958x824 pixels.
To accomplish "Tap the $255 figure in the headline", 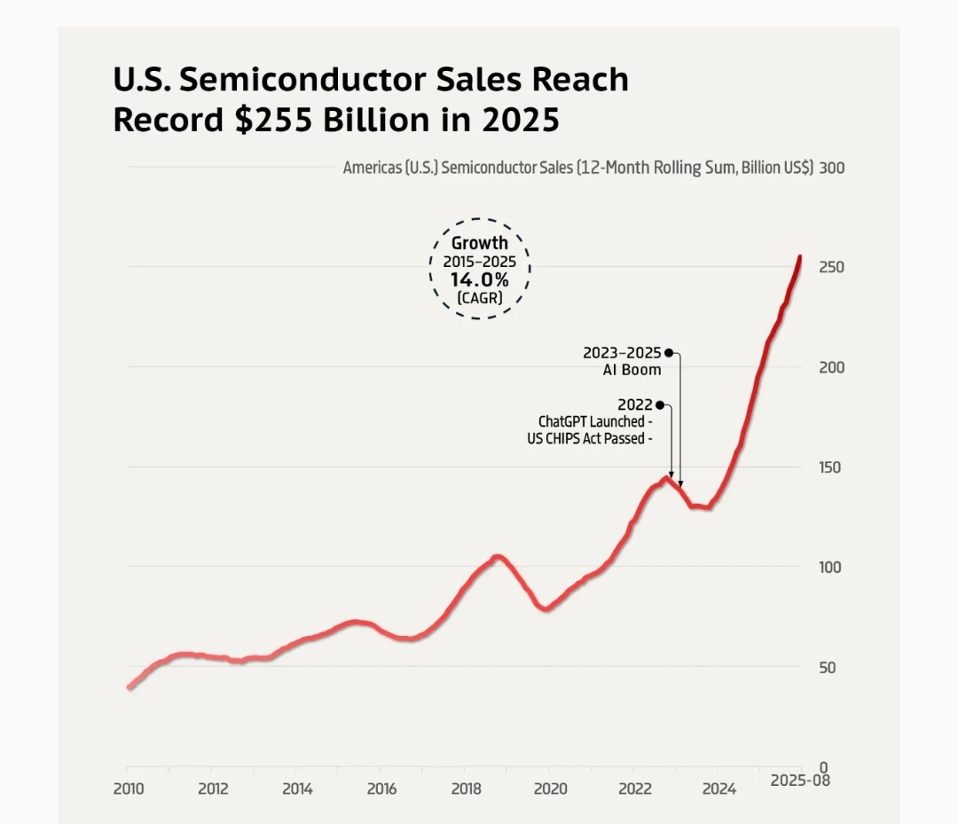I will point(273,120).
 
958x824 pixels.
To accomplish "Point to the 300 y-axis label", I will point(832,168).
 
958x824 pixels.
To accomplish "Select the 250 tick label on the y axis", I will point(832,267).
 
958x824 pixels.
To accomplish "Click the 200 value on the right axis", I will point(832,367).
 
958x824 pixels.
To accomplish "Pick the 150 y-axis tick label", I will point(831,467).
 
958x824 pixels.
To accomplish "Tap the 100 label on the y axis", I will point(831,567).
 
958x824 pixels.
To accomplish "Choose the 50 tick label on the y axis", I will point(828,667).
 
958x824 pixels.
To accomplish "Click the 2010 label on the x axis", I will point(128,789).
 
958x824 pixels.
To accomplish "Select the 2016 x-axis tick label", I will point(381,789).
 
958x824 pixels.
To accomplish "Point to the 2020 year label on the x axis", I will point(550,789).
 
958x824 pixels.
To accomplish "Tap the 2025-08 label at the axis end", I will point(800,781).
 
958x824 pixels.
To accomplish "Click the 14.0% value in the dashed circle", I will point(479,280).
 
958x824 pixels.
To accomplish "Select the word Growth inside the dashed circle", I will point(480,243).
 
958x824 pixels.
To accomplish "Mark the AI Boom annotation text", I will point(632,369).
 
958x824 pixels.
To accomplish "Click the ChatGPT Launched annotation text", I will point(591,421).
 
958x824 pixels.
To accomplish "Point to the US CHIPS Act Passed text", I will point(585,438).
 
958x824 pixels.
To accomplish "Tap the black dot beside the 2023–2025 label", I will point(669,352).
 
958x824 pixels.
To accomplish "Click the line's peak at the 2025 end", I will point(800,258).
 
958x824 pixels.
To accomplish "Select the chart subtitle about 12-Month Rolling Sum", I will point(577,168).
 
